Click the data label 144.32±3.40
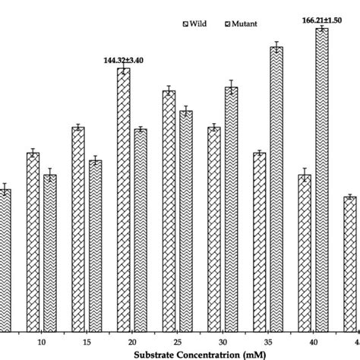(x=122, y=58)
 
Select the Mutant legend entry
(x=245, y=24)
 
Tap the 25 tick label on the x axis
(x=177, y=342)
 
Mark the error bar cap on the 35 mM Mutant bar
(x=276, y=42)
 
